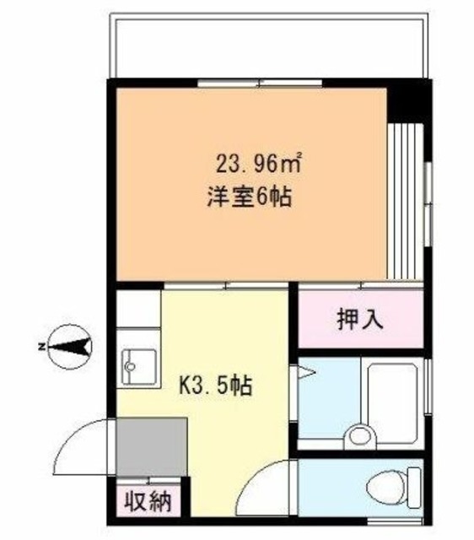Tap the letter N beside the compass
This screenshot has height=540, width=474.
(40, 346)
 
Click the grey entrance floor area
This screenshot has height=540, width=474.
(152, 447)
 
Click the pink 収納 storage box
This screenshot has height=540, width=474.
(149, 502)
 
